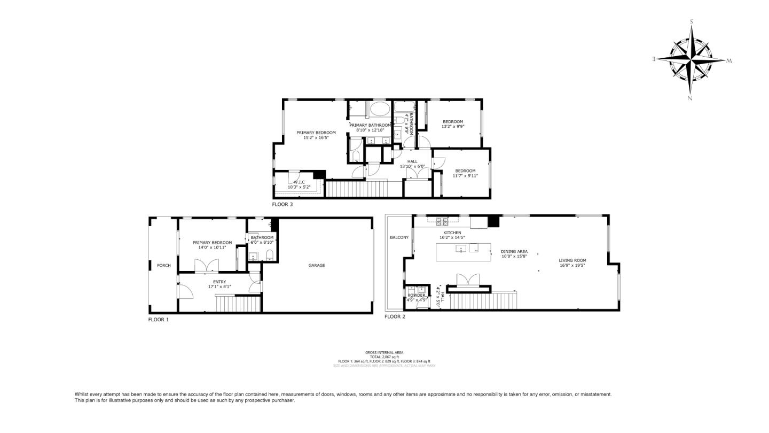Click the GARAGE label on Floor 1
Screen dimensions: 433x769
click(317, 265)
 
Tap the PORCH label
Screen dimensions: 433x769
click(163, 265)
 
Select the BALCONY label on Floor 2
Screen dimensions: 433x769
click(399, 237)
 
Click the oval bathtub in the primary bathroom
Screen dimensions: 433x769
click(380, 111)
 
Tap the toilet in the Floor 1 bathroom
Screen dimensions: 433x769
click(270, 254)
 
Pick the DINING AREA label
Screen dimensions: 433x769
click(514, 251)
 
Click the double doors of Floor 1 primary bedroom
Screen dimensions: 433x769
click(207, 265)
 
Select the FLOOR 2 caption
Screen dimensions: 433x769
click(395, 316)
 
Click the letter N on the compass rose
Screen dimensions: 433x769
click(690, 98)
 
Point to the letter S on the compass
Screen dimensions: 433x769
click(692, 22)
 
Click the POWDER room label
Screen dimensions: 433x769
click(417, 295)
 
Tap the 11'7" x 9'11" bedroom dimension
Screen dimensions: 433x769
click(465, 176)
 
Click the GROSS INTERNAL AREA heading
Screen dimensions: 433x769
click(384, 352)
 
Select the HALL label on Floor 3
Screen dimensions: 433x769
click(412, 161)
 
